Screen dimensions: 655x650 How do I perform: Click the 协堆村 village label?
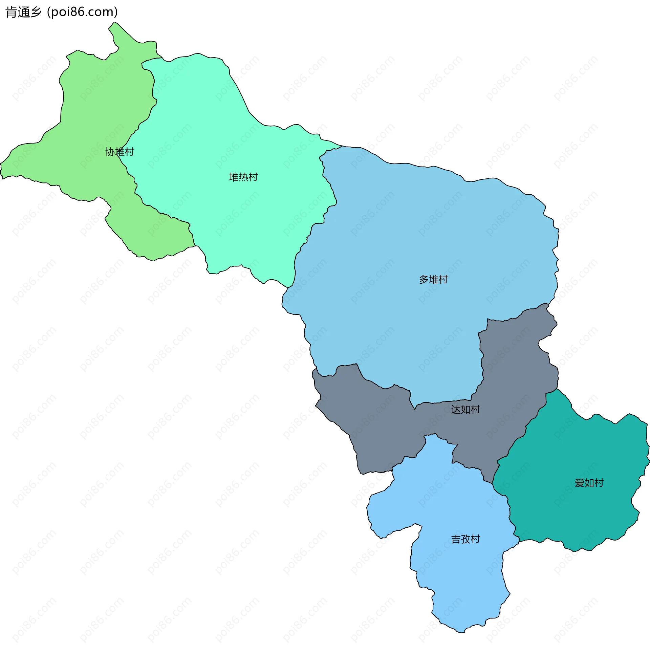tap(120, 152)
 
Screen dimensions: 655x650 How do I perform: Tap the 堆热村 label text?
tap(243, 177)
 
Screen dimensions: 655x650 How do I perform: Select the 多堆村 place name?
tap(433, 279)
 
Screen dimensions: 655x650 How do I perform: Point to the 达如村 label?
tap(465, 410)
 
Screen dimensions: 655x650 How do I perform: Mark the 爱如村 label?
tap(589, 483)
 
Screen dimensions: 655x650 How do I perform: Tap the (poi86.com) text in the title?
tap(82, 12)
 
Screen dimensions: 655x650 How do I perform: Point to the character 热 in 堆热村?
tap(243, 177)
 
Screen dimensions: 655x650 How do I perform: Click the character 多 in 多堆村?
tap(424, 279)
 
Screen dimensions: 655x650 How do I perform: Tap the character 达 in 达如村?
tap(456, 410)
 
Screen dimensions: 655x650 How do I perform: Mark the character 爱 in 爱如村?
tap(580, 483)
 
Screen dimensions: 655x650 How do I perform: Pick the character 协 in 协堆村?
tap(110, 152)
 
